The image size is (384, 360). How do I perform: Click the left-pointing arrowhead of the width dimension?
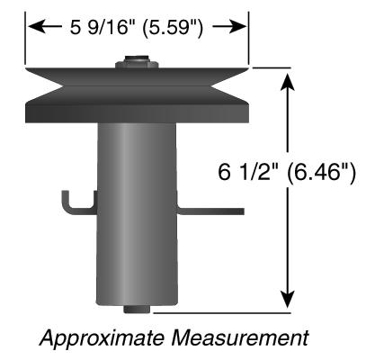tap(34, 26)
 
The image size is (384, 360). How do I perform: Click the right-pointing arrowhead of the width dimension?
tap(240, 26)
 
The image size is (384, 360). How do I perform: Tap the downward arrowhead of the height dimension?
tap(288, 300)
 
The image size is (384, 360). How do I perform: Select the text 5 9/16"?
tap(102, 27)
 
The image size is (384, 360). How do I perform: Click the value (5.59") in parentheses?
tap(173, 28)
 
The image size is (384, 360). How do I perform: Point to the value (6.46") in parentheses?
tap(321, 174)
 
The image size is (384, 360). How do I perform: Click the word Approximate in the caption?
tap(103, 338)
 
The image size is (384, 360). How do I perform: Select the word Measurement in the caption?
tap(239, 337)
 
